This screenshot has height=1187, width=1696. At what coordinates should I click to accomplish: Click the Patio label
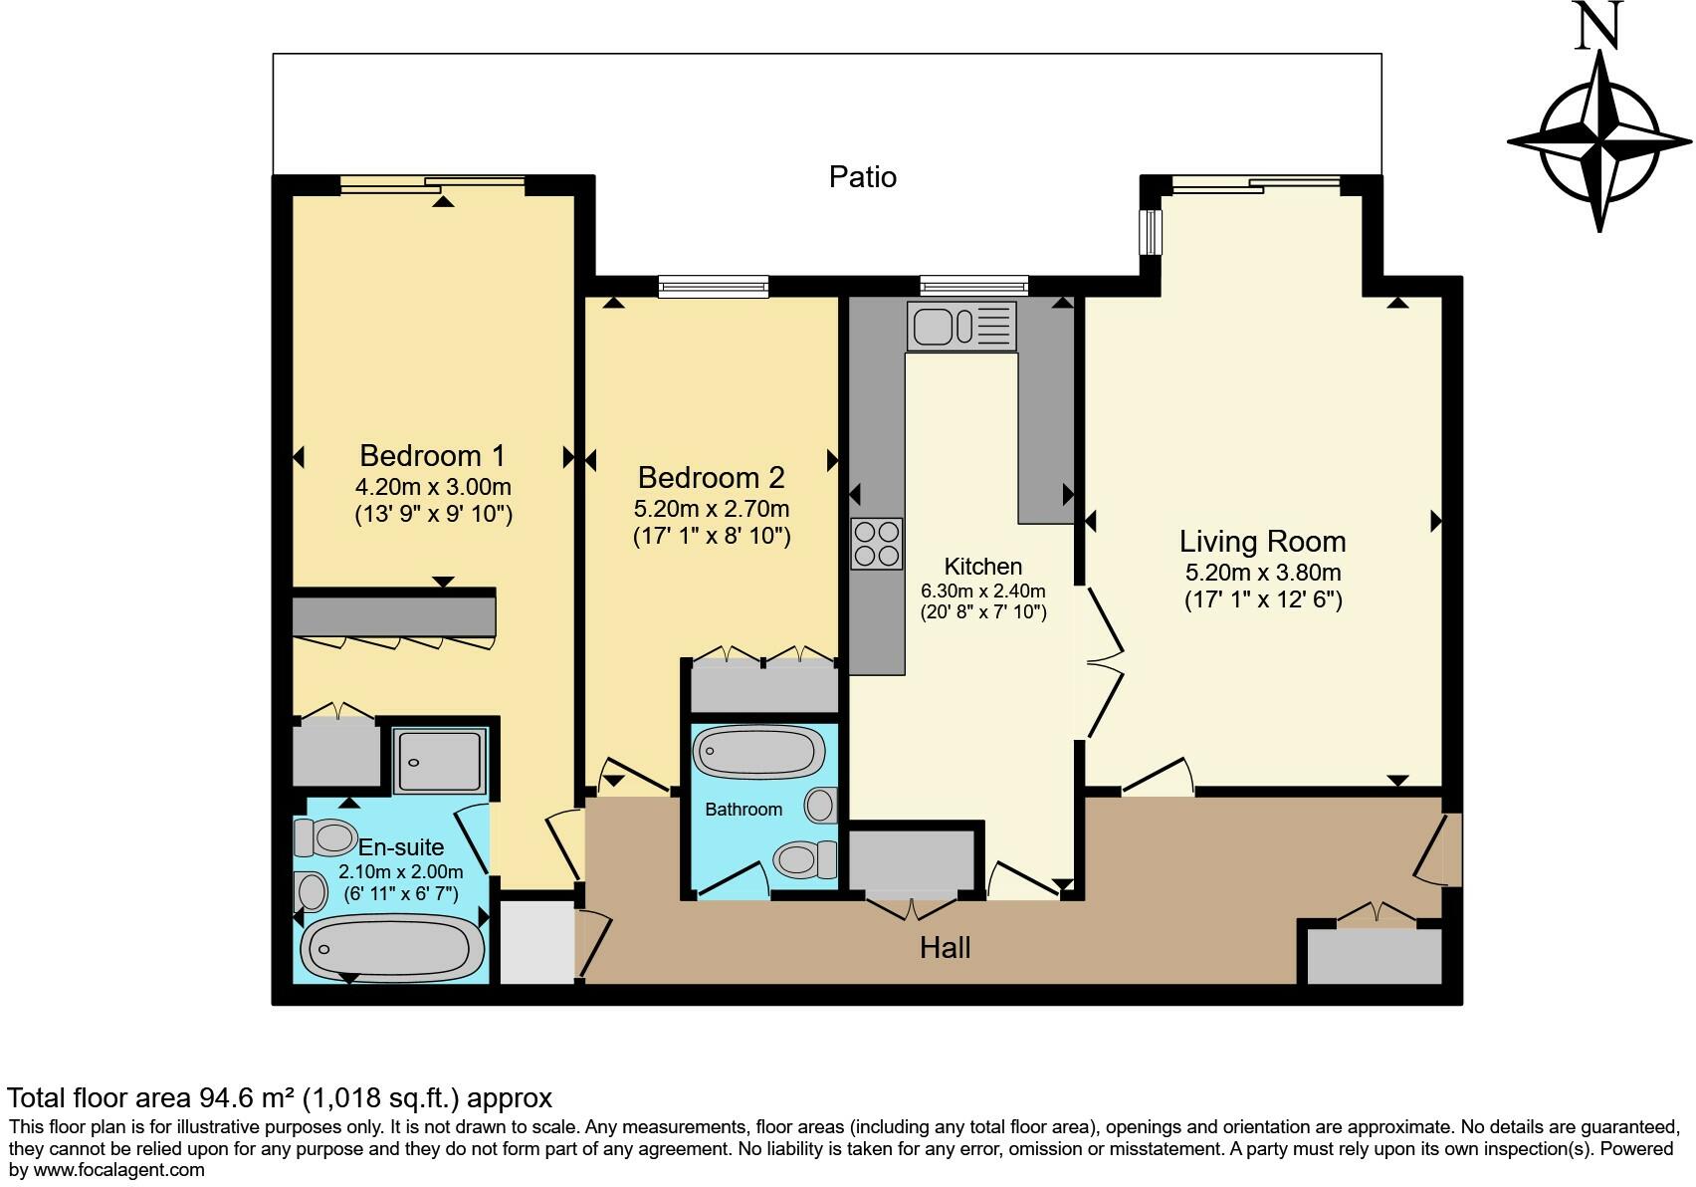pyautogui.click(x=862, y=177)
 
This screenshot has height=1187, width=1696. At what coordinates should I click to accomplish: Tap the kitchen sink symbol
pyautogui.click(x=960, y=326)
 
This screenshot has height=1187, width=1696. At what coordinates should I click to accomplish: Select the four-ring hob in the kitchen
pyautogui.click(x=877, y=544)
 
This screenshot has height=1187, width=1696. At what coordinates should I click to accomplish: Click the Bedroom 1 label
pyautogui.click(x=432, y=456)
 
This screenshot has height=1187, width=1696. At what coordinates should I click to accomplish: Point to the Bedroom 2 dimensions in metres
pyautogui.click(x=711, y=509)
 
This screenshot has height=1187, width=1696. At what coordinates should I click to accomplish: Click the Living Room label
pyautogui.click(x=1262, y=542)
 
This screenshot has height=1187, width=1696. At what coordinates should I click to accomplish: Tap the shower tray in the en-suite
pyautogui.click(x=440, y=761)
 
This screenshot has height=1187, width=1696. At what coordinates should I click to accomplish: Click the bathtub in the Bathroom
pyautogui.click(x=759, y=751)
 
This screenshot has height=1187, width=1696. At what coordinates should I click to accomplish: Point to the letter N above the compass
pyautogui.click(x=1599, y=26)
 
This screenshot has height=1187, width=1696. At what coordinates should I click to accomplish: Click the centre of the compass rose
pyautogui.click(x=1599, y=140)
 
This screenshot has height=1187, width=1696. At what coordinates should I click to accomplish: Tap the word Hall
pyautogui.click(x=945, y=947)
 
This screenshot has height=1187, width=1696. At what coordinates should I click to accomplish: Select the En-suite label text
pyautogui.click(x=401, y=847)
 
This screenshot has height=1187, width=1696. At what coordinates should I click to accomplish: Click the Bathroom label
pyautogui.click(x=742, y=810)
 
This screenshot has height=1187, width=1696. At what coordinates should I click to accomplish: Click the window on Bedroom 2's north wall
pyautogui.click(x=713, y=288)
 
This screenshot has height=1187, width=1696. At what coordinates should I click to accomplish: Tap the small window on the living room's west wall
pyautogui.click(x=1151, y=231)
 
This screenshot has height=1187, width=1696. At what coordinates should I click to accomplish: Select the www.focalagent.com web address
pyautogui.click(x=119, y=1170)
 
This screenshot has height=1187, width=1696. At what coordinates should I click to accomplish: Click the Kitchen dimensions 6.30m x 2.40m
pyautogui.click(x=982, y=591)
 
